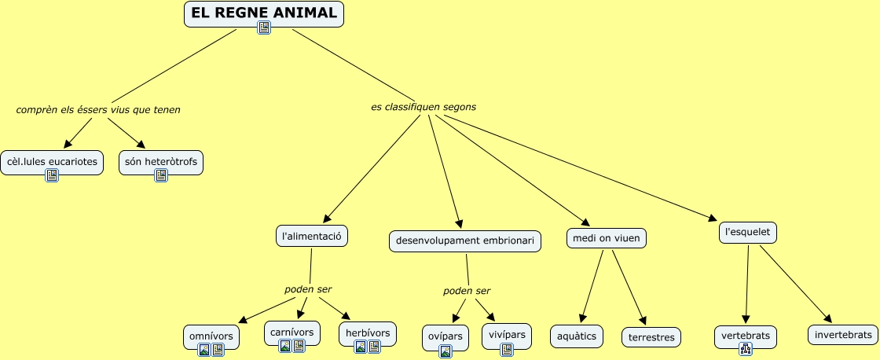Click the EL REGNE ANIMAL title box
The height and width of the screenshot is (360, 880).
point(264,13)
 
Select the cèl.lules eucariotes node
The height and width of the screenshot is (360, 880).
point(52,162)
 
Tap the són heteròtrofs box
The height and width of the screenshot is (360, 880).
point(161,162)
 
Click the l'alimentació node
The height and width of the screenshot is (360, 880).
point(312,235)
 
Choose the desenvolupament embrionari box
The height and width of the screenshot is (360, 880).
point(465,241)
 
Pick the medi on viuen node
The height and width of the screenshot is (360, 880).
point(607,237)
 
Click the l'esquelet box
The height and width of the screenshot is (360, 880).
point(748,233)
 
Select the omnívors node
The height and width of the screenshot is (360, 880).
point(211,336)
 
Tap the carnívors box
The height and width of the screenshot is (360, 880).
point(292,332)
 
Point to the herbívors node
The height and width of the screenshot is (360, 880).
point(368,333)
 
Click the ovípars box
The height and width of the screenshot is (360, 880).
point(445,336)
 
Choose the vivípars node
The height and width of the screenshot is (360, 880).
point(506,335)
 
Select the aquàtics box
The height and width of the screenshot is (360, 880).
point(577,336)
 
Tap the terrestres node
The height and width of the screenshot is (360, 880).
point(651,337)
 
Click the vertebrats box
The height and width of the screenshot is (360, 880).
point(746,336)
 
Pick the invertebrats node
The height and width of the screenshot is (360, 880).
point(843,334)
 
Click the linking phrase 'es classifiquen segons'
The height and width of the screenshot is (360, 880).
point(423,106)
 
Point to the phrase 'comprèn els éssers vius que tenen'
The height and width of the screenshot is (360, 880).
point(98,109)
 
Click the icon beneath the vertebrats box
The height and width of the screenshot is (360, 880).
point(746,350)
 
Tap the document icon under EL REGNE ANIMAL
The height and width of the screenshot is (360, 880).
point(264,28)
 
